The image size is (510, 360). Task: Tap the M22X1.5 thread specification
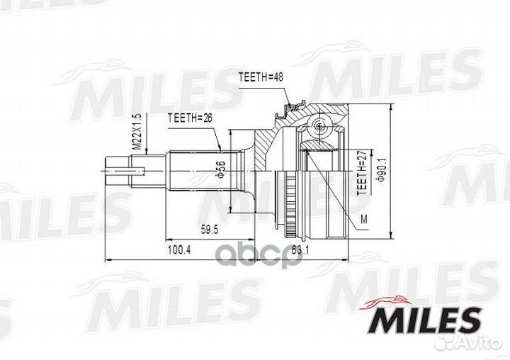pos(137,134)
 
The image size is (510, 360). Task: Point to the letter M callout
pos(363,218)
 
